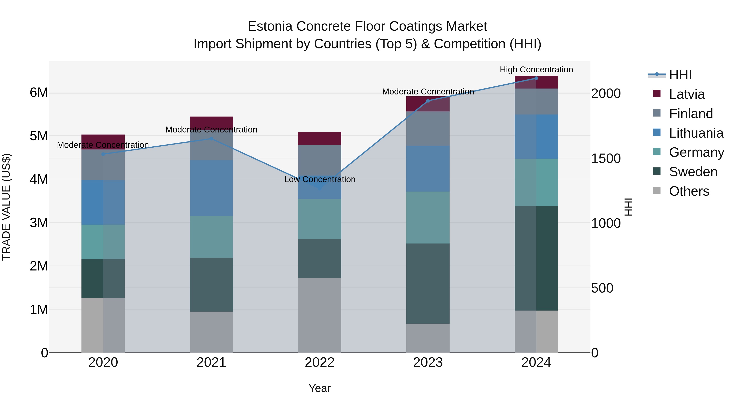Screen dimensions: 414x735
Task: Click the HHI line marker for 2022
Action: click(x=320, y=188)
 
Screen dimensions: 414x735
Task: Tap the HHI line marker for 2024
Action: click(x=536, y=78)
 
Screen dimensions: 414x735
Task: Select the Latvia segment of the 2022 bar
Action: click(x=320, y=139)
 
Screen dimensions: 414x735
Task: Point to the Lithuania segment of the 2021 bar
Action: click(x=212, y=188)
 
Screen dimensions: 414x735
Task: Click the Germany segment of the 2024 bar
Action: click(x=536, y=182)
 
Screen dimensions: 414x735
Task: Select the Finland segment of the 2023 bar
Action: click(x=428, y=129)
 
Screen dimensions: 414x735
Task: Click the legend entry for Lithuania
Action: click(x=696, y=133)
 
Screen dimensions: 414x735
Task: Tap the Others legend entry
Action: click(x=688, y=191)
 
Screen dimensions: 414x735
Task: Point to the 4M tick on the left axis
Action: click(x=39, y=180)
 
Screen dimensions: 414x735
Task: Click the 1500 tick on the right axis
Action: click(x=606, y=159)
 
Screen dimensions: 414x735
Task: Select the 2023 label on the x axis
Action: click(x=428, y=362)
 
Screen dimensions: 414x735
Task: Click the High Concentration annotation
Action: click(x=536, y=70)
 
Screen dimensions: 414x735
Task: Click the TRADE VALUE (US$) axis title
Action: click(x=6, y=207)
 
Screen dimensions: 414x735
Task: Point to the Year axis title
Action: click(x=320, y=388)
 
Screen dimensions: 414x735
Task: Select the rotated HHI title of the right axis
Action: click(x=628, y=207)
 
